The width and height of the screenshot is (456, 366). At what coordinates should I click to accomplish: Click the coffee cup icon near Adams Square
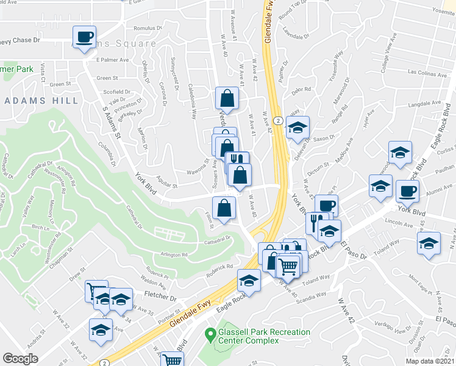[x=84, y=36]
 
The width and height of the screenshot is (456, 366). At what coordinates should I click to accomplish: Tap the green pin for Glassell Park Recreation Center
[x=210, y=334]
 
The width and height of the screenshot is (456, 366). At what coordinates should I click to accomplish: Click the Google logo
[x=20, y=359]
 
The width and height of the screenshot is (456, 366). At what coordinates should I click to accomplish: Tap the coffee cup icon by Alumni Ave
[x=407, y=191]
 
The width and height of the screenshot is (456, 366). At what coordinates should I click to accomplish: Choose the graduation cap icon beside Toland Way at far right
[x=429, y=243]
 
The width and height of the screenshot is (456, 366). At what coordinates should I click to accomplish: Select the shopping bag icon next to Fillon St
[x=224, y=207]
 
